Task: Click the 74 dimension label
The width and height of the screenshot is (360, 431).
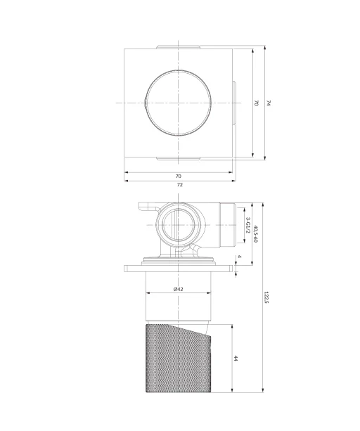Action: click(x=269, y=103)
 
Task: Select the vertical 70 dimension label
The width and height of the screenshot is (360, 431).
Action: click(x=256, y=103)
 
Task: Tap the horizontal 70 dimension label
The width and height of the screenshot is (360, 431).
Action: click(x=179, y=176)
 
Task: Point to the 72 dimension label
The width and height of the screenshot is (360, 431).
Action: click(x=179, y=185)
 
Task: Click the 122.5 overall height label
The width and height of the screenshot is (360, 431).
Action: click(x=266, y=297)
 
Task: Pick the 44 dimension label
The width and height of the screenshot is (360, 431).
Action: click(x=236, y=358)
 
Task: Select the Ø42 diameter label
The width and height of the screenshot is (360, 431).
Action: click(x=179, y=289)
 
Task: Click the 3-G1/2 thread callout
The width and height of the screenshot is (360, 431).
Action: click(x=248, y=226)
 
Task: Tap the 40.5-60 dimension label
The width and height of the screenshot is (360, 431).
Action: click(x=255, y=234)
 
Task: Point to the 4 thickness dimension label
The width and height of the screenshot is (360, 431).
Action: click(x=239, y=257)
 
